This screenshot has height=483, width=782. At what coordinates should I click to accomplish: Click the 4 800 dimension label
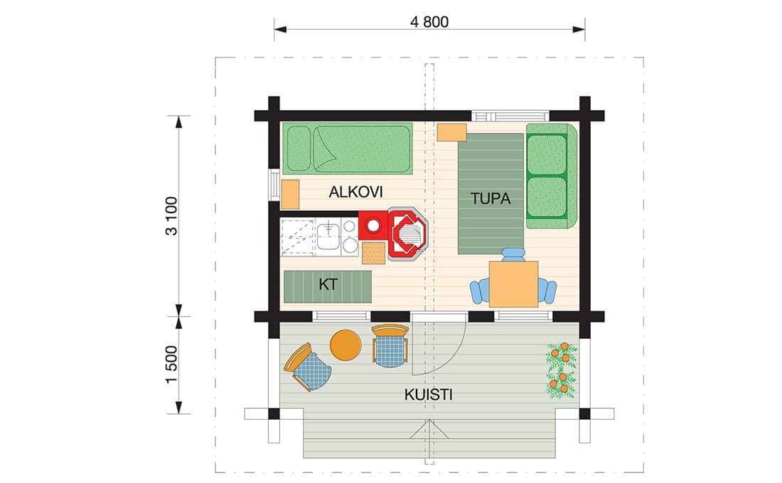(x=429, y=22)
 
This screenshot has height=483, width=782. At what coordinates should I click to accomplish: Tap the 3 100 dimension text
(x=171, y=216)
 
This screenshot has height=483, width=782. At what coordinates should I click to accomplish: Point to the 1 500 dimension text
(x=171, y=364)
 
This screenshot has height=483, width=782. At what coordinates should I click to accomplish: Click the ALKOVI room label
(x=355, y=192)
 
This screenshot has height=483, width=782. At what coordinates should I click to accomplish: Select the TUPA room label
(x=491, y=199)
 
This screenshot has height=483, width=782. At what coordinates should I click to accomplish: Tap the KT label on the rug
(x=328, y=284)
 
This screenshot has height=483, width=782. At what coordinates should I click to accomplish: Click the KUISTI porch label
(x=429, y=395)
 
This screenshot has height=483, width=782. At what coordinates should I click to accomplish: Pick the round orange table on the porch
(x=346, y=345)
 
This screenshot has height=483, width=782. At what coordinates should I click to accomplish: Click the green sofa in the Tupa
(x=551, y=176)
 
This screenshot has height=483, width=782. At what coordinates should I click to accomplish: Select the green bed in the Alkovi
(x=348, y=148)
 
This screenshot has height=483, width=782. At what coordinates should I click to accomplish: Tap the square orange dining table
(x=513, y=284)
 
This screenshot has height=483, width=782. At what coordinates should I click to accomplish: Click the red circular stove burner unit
(x=373, y=226)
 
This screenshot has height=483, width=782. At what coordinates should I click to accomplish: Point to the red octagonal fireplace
(x=408, y=235)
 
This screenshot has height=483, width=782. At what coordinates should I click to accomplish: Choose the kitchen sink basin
(x=328, y=237)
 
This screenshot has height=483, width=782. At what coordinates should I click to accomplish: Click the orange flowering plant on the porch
(x=562, y=370)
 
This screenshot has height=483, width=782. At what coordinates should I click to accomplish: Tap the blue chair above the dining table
(x=513, y=255)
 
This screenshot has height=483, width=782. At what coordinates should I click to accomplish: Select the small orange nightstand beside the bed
(x=290, y=195)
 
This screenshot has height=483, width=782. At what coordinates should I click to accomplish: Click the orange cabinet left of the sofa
(x=452, y=132)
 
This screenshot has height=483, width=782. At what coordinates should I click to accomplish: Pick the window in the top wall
(x=510, y=116)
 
